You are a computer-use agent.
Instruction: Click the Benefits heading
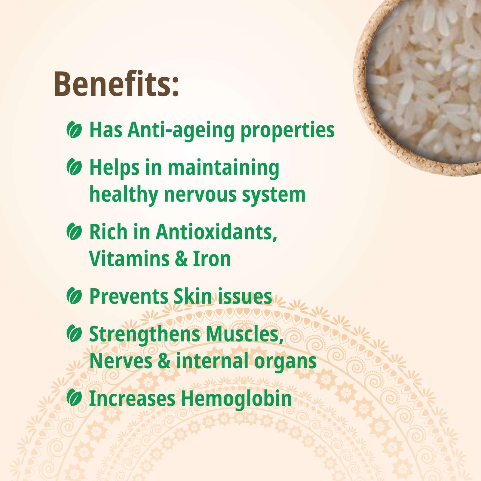pos(116,84)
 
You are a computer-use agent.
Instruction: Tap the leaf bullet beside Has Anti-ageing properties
pos(74,130)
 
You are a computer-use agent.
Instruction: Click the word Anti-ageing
pos(181,131)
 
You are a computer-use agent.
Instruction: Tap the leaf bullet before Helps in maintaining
pos(74,167)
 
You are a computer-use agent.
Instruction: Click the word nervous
pos(200,195)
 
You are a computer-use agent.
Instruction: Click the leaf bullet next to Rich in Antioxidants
pos(74,231)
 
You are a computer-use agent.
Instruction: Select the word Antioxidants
pos(216,232)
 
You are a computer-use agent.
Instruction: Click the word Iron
pos(212,259)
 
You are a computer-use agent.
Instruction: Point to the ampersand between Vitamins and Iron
pos(181,259)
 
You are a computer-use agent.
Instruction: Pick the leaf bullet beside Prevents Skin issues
pos(74,296)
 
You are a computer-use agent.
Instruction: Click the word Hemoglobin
pos(236,399)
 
